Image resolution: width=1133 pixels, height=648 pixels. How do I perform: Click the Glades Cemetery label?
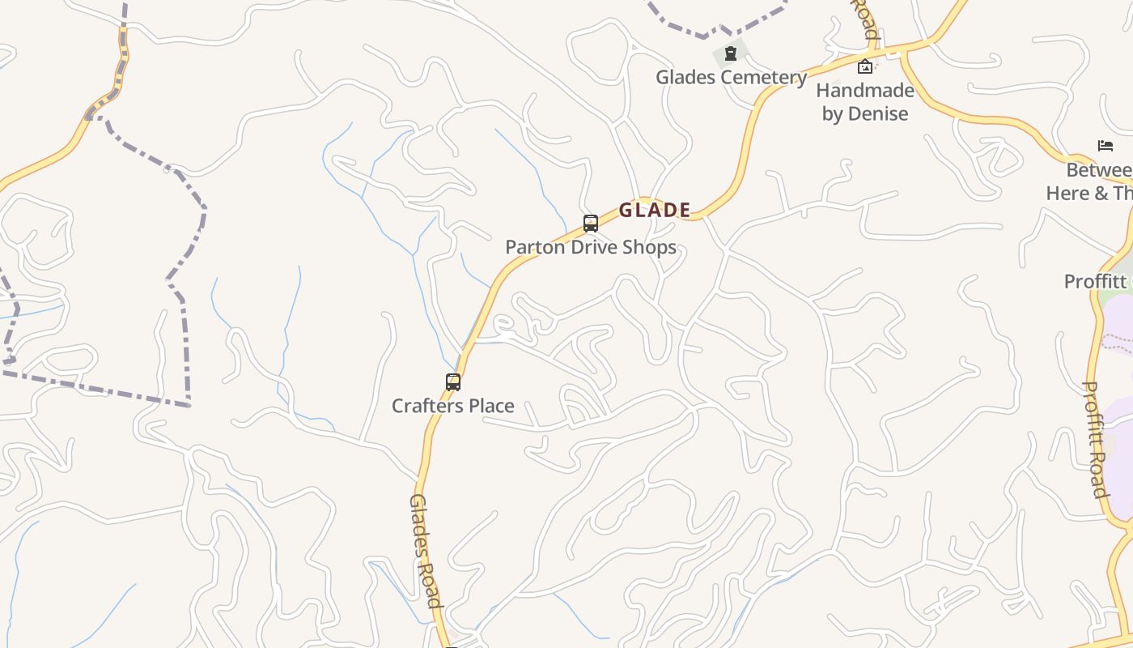731,77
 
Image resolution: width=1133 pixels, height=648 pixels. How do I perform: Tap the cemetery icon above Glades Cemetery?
731,53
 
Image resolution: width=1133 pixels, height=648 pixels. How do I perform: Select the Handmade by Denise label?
865,101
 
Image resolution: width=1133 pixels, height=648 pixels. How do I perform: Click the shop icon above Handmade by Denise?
865,66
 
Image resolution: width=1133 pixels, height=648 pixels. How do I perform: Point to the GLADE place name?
655,211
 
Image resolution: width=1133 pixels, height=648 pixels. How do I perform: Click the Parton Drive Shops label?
591,247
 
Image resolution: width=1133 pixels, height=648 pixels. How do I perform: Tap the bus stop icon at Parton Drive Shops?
591,223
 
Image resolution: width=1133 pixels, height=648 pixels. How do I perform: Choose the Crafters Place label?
452,405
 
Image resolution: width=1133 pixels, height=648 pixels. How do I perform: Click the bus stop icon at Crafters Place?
453,382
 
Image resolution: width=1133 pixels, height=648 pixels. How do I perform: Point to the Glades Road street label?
426,550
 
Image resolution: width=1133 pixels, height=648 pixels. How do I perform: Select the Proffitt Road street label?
1096,439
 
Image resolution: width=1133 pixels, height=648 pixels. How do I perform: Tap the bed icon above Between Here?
1105,146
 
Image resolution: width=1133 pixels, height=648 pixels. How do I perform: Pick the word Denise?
877,113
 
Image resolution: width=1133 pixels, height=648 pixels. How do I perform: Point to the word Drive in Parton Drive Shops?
594,247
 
